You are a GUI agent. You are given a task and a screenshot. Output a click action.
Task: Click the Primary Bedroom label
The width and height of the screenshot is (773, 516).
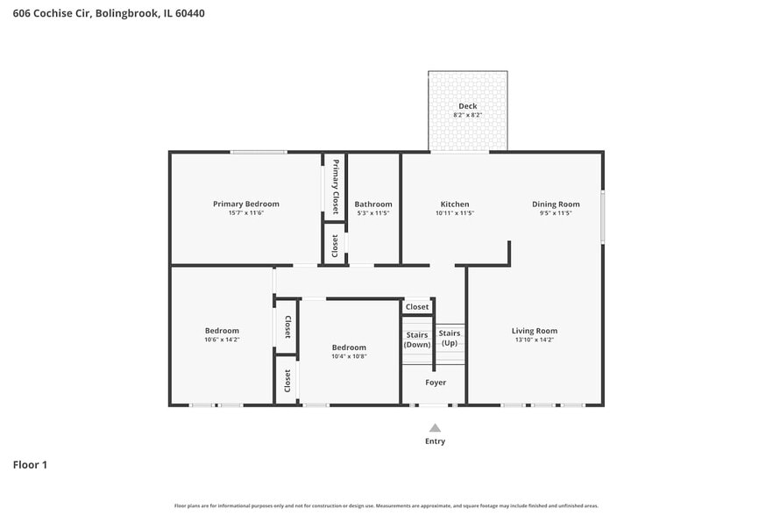245,204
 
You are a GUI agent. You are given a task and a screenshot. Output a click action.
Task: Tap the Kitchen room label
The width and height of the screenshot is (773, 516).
454,204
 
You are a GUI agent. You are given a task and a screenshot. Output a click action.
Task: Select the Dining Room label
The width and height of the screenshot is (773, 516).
556,204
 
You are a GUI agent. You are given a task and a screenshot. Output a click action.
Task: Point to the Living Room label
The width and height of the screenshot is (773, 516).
534,331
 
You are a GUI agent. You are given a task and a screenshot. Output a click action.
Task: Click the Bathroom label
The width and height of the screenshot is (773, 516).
373,204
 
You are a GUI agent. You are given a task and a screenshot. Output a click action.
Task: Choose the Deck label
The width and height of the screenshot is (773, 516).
467,106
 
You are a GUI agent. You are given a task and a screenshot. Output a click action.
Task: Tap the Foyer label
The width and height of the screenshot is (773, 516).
436,383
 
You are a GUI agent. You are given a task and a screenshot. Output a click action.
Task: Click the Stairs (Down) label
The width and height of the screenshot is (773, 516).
417,340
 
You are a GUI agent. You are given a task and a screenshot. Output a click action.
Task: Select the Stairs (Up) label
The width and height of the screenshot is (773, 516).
450,338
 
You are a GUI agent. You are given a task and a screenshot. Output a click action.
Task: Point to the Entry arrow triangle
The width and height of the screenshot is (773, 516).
435,427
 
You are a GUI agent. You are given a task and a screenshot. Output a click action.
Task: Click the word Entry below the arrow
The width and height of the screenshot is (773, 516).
435,441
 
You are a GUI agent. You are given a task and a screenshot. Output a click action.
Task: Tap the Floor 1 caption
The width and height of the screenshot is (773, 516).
30,464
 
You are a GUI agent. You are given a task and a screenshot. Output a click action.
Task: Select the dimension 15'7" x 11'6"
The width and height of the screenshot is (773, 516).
245,213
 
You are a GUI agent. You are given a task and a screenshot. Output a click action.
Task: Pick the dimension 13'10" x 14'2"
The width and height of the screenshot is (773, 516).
534,340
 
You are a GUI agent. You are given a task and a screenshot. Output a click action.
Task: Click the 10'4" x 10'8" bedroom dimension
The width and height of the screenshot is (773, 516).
349,356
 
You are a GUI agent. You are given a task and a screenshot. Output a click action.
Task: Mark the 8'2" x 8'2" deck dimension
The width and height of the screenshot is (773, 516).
467,115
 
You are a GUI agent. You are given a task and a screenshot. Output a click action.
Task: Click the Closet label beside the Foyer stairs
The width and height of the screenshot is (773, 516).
417,307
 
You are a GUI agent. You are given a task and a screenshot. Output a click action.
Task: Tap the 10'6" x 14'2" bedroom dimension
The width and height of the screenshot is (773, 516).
222,340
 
